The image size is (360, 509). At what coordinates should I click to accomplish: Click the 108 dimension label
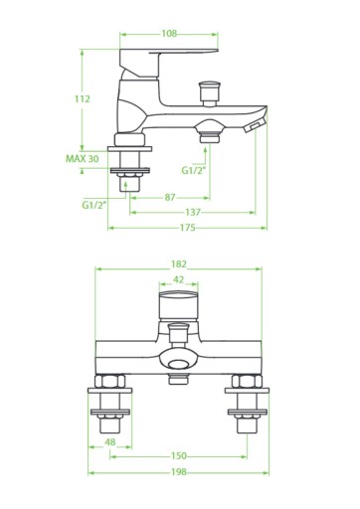(x=169, y=34)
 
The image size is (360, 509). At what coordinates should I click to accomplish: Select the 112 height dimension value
(x=83, y=98)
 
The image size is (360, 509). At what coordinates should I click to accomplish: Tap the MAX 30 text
(x=83, y=159)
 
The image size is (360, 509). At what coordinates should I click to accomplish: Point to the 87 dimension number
(x=170, y=198)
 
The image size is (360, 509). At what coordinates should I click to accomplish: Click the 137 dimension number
(x=193, y=212)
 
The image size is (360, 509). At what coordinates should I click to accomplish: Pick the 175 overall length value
(x=188, y=228)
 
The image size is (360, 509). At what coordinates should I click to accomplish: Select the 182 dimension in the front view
(x=179, y=264)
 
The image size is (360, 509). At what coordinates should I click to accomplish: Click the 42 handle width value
(x=178, y=279)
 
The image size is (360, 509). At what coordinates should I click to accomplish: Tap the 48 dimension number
(x=110, y=442)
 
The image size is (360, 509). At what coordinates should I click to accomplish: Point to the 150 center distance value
(x=179, y=456)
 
